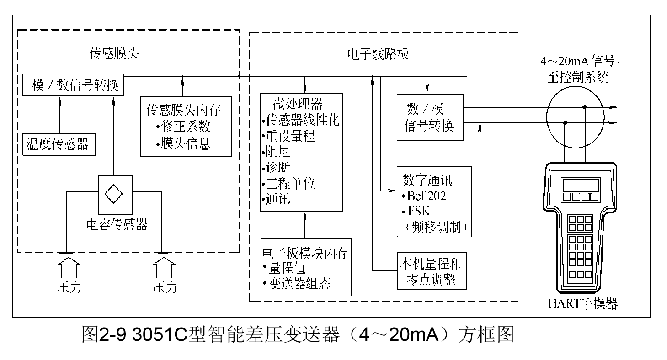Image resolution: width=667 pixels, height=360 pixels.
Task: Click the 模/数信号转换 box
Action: (x=73, y=86)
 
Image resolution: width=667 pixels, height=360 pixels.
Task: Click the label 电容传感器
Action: (x=117, y=224)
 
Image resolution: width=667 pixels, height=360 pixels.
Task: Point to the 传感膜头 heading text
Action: (x=114, y=54)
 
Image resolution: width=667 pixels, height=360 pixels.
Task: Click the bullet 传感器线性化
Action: (x=302, y=121)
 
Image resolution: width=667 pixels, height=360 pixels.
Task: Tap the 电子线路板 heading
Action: (x=378, y=54)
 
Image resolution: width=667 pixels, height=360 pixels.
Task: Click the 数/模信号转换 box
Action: (x=429, y=117)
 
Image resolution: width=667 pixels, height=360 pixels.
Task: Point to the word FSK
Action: (x=418, y=212)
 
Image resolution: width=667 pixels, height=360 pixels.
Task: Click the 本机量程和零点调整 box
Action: (x=432, y=271)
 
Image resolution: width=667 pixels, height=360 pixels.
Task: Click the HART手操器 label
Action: (x=583, y=303)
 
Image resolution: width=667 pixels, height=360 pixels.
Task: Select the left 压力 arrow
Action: (x=69, y=268)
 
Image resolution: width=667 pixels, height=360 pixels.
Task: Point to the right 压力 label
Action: (x=165, y=287)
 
